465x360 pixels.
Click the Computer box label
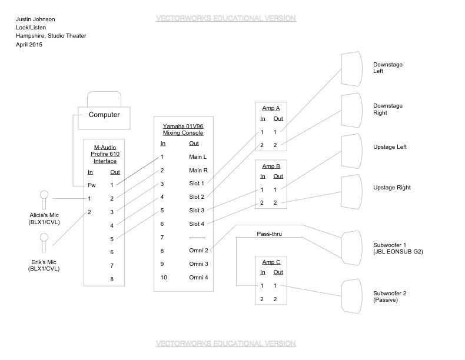pos(104,115)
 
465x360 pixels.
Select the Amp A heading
pos(270,109)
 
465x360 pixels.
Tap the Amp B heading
pos(270,166)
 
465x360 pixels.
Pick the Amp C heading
pos(270,262)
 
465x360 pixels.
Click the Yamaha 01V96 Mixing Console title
pos(182,129)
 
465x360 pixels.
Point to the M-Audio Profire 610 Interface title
pos(104,154)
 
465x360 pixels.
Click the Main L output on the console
pos(197,157)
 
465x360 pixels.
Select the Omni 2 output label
pos(198,251)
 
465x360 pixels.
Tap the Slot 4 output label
pos(197,224)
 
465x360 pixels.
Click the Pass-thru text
pos(269,234)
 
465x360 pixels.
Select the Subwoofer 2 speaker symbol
pos(351,296)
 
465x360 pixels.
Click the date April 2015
pos(30,44)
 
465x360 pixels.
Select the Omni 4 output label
pos(198,278)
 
